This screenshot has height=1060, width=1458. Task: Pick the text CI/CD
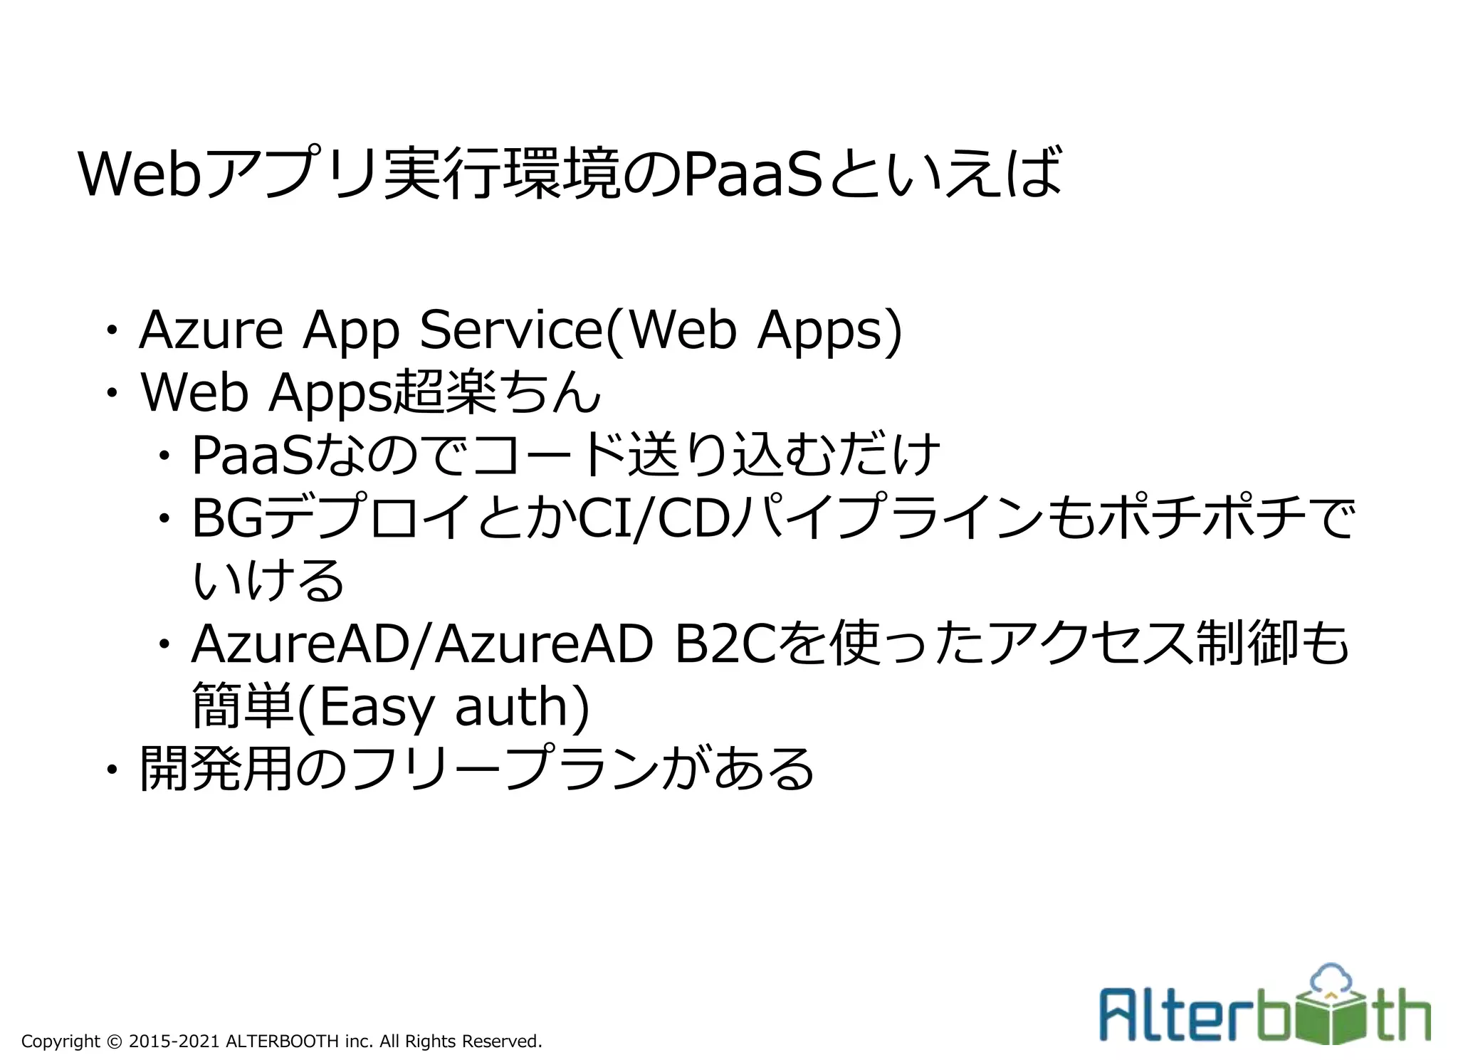[x=654, y=518]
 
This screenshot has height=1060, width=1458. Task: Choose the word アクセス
[x=1090, y=644]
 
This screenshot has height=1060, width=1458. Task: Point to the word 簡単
[x=243, y=706]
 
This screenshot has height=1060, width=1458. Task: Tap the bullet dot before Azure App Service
[x=111, y=331]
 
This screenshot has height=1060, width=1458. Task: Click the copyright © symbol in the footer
[x=114, y=1041]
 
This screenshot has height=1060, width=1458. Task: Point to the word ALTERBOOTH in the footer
[x=282, y=1041]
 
